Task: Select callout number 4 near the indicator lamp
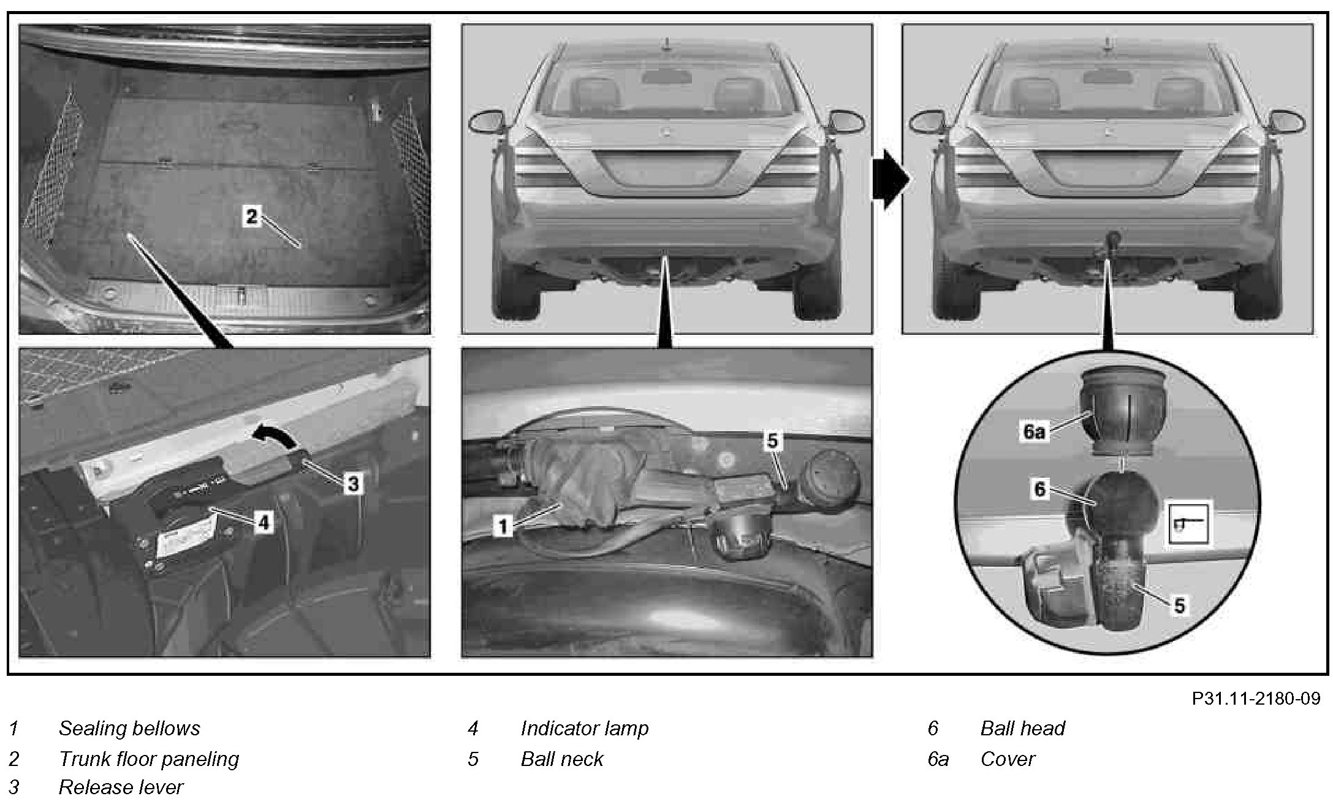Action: tap(263, 522)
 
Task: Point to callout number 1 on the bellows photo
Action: tap(503, 526)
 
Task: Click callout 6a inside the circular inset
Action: tap(1034, 431)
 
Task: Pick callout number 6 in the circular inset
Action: tap(1040, 489)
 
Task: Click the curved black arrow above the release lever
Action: tap(275, 434)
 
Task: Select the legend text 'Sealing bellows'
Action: tap(129, 728)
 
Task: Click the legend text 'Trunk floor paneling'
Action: tap(148, 759)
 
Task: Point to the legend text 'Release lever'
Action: tap(121, 787)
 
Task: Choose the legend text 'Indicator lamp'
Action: tap(584, 728)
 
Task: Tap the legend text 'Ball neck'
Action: tap(561, 759)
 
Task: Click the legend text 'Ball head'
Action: tap(1022, 728)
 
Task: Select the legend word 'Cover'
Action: tap(1007, 759)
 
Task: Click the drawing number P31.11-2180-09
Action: tap(1256, 699)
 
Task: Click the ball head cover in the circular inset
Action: tap(1121, 411)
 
